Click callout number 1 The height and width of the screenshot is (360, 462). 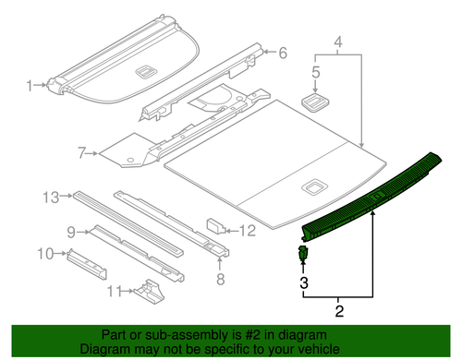click(30, 86)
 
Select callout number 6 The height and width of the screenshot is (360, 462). click(283, 53)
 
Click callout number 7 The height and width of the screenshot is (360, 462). click(81, 152)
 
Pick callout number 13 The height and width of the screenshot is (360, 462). click(51, 197)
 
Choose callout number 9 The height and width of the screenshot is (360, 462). click(70, 230)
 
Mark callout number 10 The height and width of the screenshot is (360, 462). click(43, 252)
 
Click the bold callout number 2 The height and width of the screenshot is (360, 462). click(339, 311)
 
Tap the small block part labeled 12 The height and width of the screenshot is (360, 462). click(214, 224)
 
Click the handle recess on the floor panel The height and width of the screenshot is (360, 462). click(312, 187)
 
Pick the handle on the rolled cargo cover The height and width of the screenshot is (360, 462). click(145, 70)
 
